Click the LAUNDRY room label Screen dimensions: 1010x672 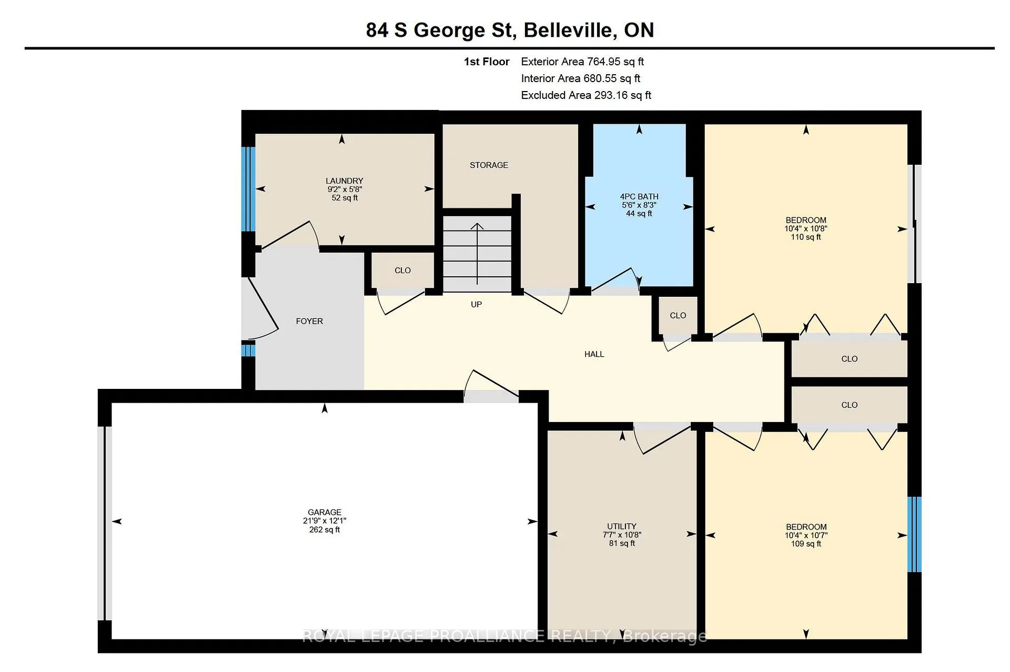(344, 180)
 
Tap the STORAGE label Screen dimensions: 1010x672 (489, 165)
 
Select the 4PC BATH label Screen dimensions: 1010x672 (639, 197)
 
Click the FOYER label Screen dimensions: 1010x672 (309, 321)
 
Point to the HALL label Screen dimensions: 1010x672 (594, 354)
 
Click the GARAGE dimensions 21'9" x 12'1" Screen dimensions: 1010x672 (325, 521)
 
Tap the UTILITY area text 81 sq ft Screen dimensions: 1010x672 (622, 543)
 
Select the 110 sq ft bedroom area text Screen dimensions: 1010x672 (806, 237)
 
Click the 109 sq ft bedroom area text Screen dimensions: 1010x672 (806, 544)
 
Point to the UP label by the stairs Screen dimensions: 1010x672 (476, 304)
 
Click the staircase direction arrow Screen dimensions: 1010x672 (477, 254)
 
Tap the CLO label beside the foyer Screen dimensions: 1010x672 (402, 270)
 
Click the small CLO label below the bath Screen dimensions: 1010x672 (678, 315)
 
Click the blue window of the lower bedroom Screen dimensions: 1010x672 (915, 534)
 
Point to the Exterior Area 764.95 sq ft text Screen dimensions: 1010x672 (582, 62)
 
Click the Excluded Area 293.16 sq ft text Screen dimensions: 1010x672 (586, 95)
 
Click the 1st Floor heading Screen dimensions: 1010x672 (487, 62)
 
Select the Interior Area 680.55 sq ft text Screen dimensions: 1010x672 (581, 78)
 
